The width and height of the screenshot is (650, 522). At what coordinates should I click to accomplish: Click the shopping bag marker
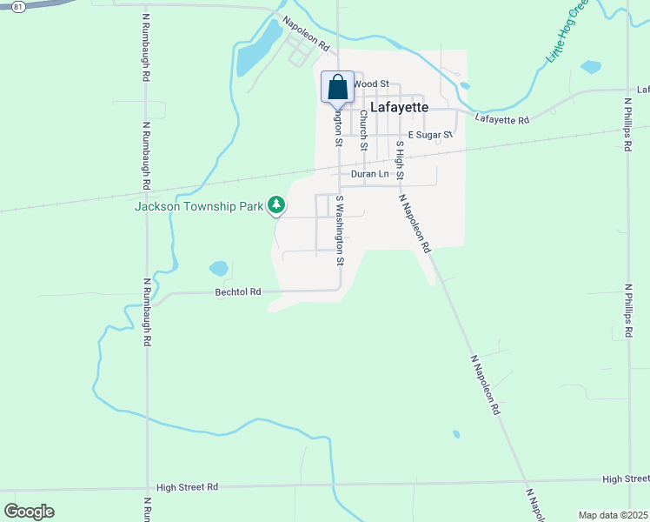click(x=337, y=89)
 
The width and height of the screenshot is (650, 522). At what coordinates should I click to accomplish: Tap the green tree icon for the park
click(x=276, y=205)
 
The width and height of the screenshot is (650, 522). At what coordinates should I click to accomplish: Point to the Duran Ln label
click(x=368, y=174)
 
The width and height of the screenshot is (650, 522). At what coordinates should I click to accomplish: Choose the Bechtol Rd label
click(x=238, y=292)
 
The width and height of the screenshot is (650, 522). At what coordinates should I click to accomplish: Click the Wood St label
click(x=370, y=84)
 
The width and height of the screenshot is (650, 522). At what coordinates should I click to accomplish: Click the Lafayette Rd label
click(x=502, y=120)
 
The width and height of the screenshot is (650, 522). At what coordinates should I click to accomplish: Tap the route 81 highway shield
click(x=17, y=6)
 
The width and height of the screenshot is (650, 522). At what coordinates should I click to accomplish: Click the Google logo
click(x=29, y=512)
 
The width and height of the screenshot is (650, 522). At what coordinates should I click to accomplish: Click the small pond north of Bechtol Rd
click(x=218, y=269)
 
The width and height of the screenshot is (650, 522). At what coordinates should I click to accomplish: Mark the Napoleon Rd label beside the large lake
click(x=306, y=36)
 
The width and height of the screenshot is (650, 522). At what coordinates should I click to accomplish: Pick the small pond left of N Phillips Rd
click(x=591, y=66)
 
